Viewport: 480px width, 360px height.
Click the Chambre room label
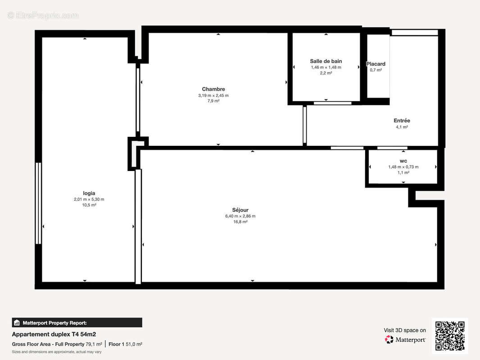point(213,89)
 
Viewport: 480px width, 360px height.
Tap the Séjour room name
point(240,210)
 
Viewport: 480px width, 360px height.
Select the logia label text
point(89,193)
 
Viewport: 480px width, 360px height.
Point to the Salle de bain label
point(326,61)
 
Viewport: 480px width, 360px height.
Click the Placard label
point(376,64)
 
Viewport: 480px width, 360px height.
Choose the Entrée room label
point(402,121)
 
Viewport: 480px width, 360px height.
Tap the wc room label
point(403,161)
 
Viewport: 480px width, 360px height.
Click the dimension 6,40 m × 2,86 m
point(240,216)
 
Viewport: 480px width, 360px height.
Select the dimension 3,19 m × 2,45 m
point(213,95)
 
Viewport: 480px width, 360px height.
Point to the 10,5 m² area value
point(89,205)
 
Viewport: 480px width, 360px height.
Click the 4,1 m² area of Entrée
point(402,127)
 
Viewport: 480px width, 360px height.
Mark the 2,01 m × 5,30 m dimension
point(89,199)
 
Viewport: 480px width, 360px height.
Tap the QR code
point(449,335)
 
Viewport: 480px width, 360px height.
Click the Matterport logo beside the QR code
point(405,340)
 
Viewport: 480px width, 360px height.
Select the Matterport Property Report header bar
point(77,323)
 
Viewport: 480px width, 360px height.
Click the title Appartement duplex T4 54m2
point(54,334)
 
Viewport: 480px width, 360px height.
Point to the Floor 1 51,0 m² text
point(126,344)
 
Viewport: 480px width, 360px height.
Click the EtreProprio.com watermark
point(43,16)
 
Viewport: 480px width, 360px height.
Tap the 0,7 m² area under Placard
point(376,70)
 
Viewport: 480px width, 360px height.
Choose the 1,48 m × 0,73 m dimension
point(403,167)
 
